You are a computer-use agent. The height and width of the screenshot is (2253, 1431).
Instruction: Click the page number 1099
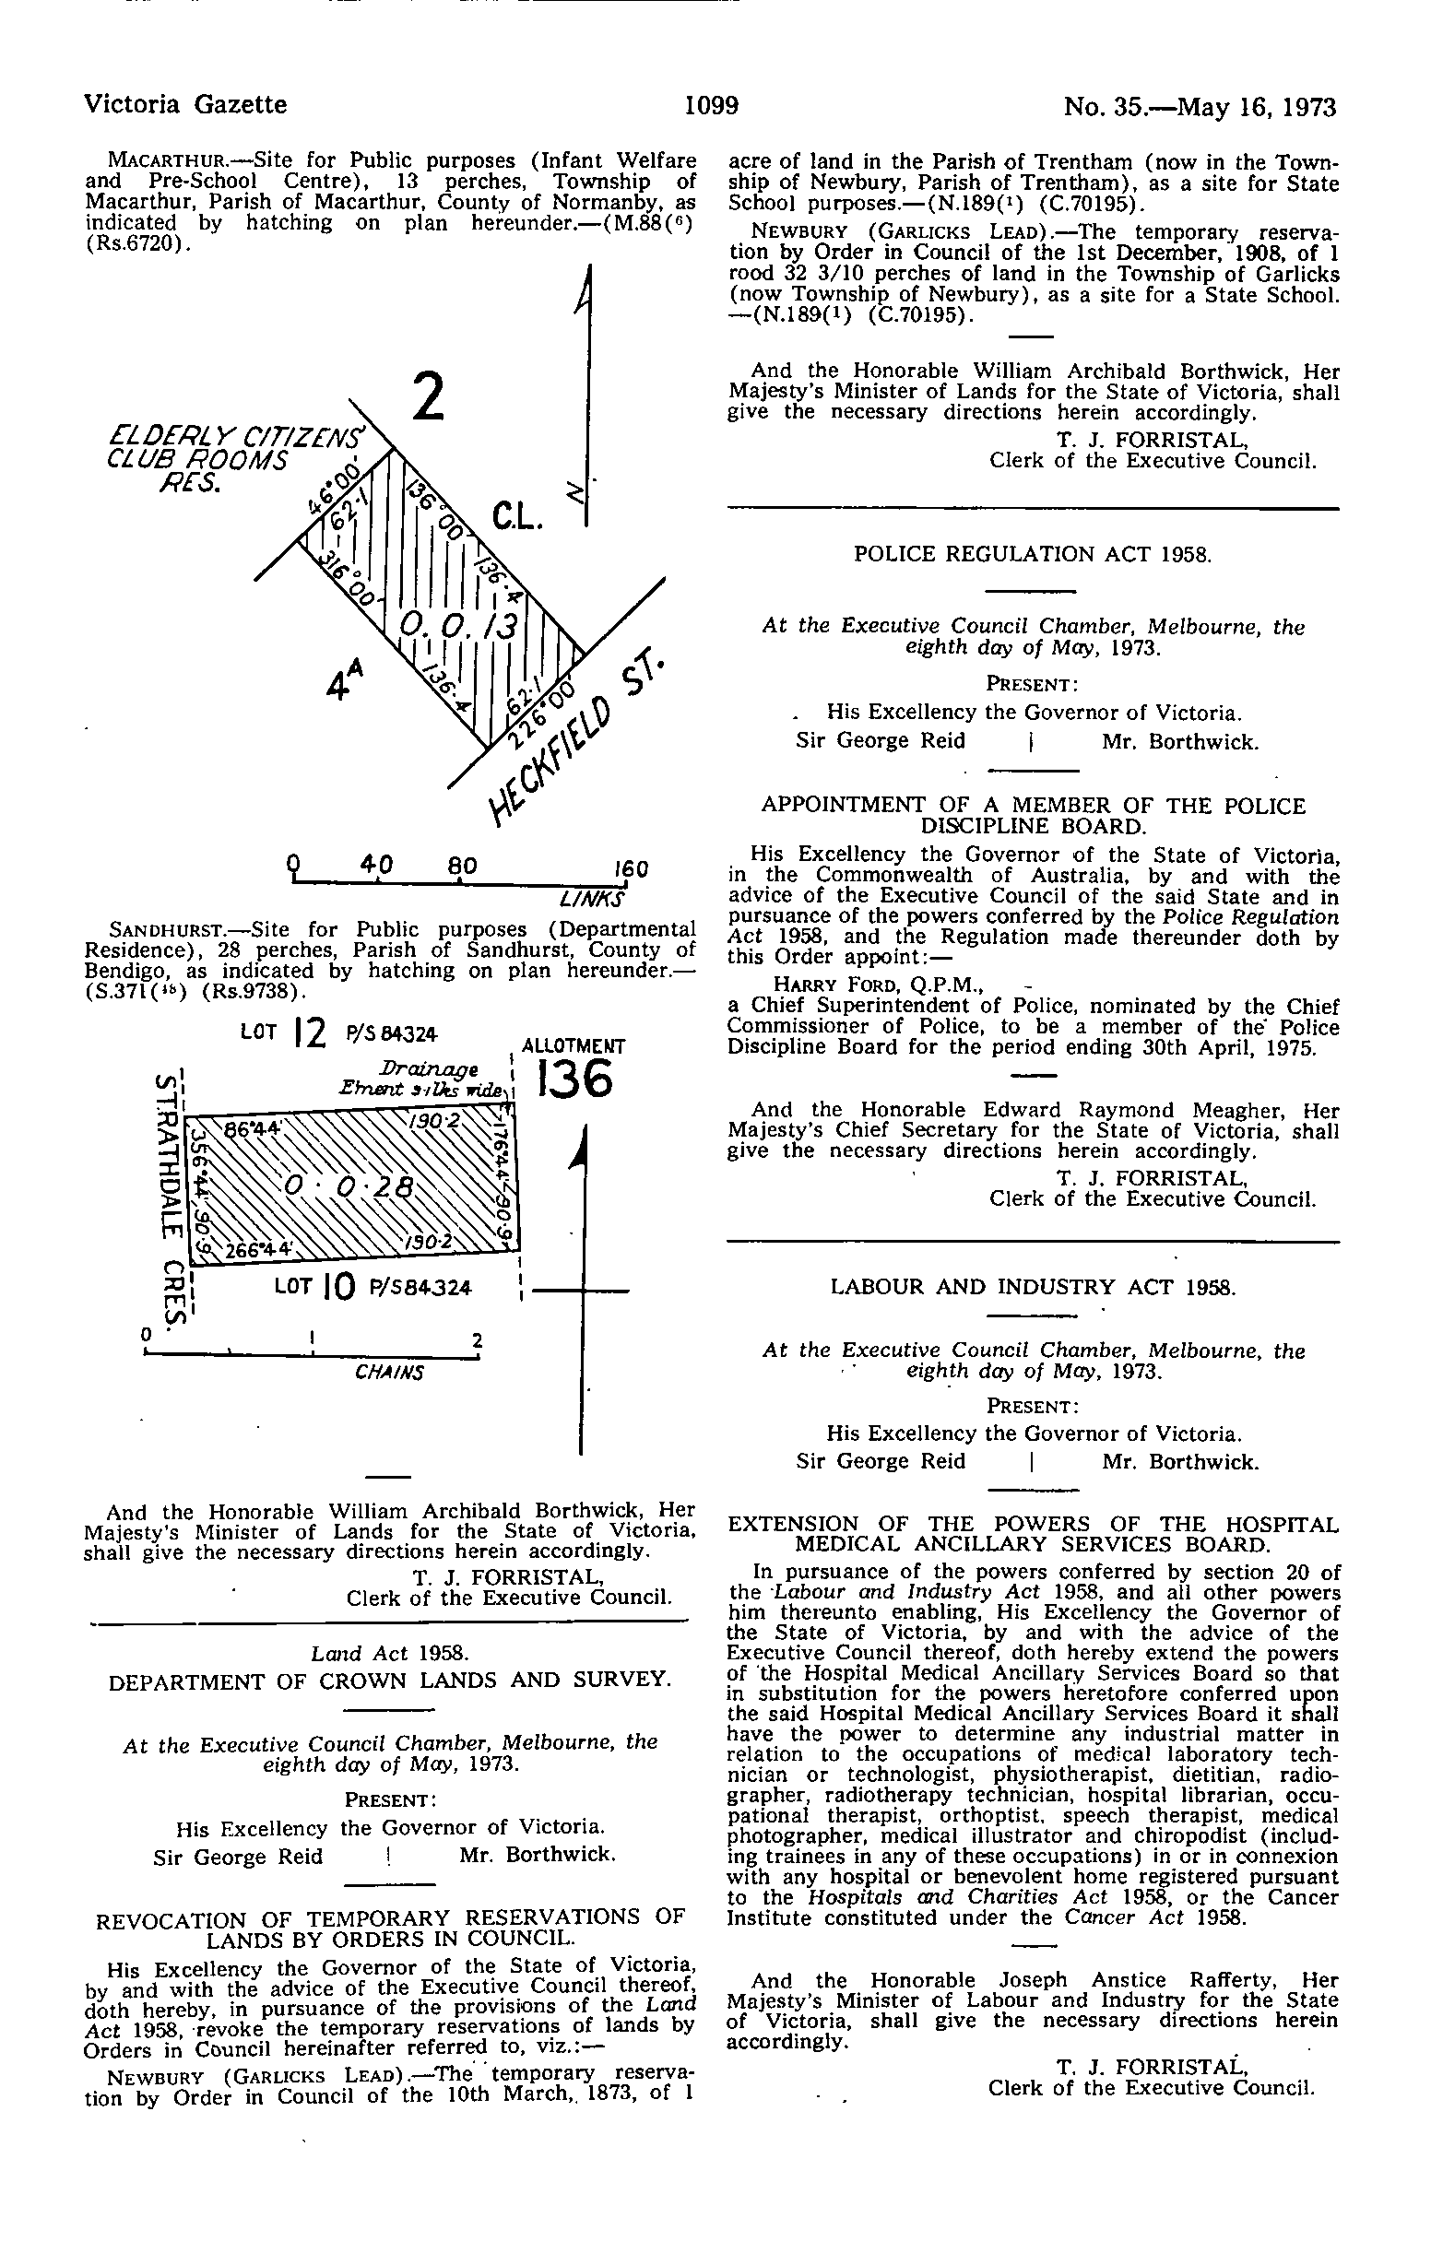712,105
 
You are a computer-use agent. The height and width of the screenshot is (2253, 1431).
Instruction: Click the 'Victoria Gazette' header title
185,105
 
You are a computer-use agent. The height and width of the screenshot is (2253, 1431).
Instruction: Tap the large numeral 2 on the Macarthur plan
428,398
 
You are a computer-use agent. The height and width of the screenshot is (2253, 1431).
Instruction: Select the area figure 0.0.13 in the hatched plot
457,624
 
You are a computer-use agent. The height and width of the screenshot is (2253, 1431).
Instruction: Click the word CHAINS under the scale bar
388,1373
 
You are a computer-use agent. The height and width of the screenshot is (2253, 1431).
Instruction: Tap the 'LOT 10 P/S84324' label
373,1288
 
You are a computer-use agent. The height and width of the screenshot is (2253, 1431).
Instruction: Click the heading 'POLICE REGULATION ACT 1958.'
1033,554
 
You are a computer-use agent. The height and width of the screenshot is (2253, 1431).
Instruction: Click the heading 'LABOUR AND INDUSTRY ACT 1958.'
1034,1288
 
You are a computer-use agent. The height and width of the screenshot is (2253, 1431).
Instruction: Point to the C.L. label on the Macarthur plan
515,517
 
